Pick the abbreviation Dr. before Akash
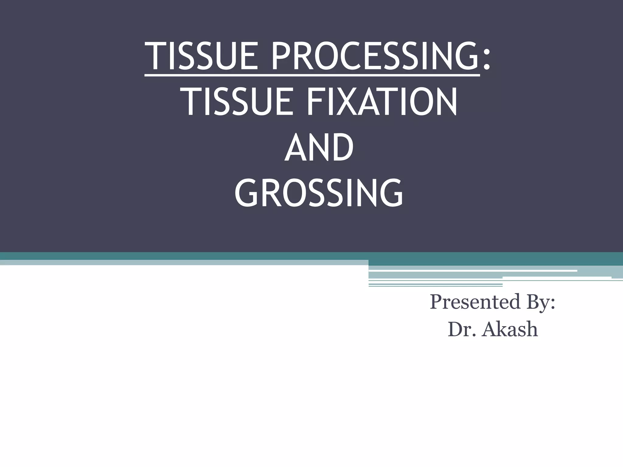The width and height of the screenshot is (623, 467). tap(461, 329)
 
